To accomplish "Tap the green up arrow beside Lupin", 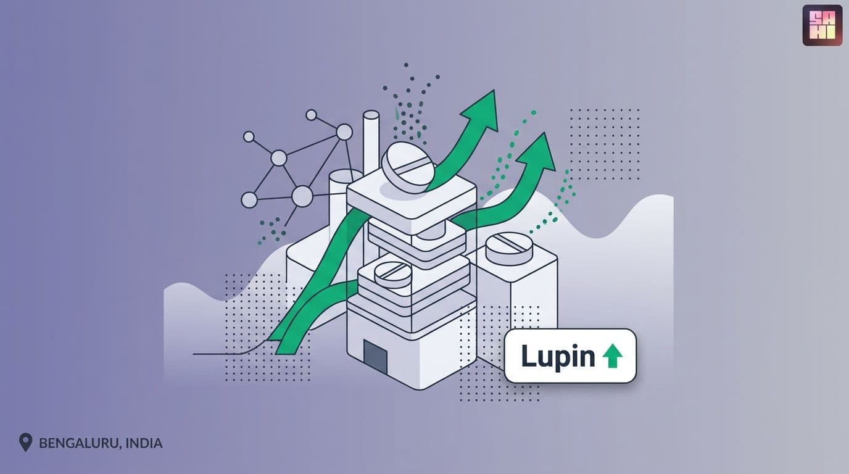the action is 613,355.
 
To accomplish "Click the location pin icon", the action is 25,442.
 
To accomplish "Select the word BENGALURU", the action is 79,443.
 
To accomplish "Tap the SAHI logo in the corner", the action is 822,25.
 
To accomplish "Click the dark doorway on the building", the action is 375,357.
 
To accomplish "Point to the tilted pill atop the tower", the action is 407,167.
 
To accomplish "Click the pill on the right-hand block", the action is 510,248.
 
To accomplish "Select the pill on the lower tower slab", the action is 392,274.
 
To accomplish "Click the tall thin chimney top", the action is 371,115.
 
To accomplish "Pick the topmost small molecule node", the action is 311,115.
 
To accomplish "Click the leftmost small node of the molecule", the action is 249,136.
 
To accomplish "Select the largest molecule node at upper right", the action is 344,132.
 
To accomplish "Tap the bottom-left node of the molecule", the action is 249,200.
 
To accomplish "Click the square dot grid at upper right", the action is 605,144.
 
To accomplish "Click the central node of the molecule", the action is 279,158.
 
